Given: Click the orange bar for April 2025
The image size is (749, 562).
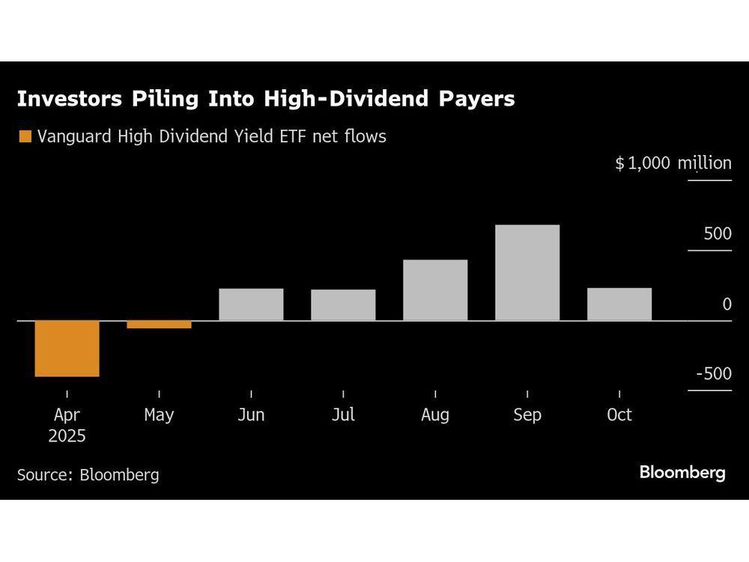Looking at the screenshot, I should point(67,348).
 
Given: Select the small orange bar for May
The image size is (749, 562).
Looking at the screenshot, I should point(159,324).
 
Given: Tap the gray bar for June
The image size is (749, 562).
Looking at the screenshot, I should point(251,304).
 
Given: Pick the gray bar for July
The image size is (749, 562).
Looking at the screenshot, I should point(343,305).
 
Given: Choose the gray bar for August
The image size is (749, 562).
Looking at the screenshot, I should point(435,290).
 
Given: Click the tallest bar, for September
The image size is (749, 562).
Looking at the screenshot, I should point(527,273).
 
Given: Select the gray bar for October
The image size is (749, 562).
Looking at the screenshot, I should point(619,304).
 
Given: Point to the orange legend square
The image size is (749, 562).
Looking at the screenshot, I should point(25,136).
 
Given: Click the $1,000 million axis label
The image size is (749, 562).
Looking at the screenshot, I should point(673,163).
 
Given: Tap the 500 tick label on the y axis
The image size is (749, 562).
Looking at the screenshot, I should point(717,234).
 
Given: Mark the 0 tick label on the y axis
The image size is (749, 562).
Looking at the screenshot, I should point(727,304).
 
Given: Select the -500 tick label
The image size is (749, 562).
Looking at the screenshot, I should point(713,374).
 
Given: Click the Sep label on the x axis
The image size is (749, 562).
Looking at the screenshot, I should point(527,414).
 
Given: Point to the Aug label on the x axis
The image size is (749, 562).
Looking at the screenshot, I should point(435,414).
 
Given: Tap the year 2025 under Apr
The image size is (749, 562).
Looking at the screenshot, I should point(67,436).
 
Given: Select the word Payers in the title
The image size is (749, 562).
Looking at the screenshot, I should point(477,99).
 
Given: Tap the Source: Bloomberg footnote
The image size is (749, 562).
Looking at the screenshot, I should point(88,474).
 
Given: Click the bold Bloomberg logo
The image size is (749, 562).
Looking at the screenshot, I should point(682,473).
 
